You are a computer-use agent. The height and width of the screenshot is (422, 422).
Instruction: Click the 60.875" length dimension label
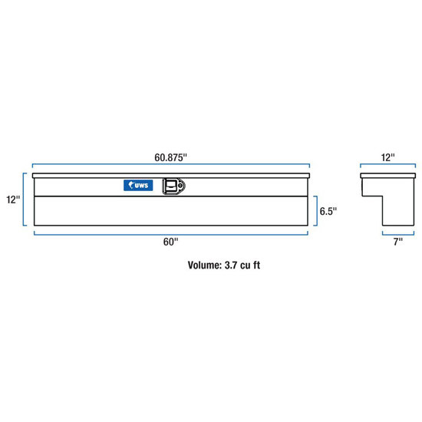pos(170,157)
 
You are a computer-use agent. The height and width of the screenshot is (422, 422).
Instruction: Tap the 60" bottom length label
pos(170,242)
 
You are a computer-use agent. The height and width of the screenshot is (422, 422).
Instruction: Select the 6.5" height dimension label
pos(328,211)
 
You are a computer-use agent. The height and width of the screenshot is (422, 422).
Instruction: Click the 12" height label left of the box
pos(13,199)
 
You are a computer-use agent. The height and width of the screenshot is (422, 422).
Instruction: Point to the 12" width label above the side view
pos(387,157)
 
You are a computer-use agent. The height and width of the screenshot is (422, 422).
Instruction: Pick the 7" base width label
pos(398,242)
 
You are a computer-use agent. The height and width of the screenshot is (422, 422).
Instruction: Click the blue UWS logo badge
pos(138,185)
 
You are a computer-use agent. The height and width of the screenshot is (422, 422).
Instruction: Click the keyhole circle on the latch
pos(180,185)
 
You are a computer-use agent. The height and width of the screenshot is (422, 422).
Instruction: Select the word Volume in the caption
pos(205,265)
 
